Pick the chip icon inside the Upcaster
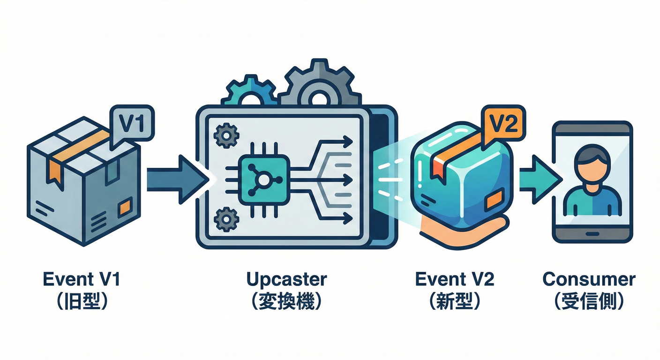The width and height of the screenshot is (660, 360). coord(262,180)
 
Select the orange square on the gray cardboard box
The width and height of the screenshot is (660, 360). coord(125,207)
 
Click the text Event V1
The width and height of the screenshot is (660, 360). coord(82,279)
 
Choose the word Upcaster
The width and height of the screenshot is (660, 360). coord(286,279)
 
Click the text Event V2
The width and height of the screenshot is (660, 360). coord(455,279)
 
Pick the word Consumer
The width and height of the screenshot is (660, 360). coord(589,279)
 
